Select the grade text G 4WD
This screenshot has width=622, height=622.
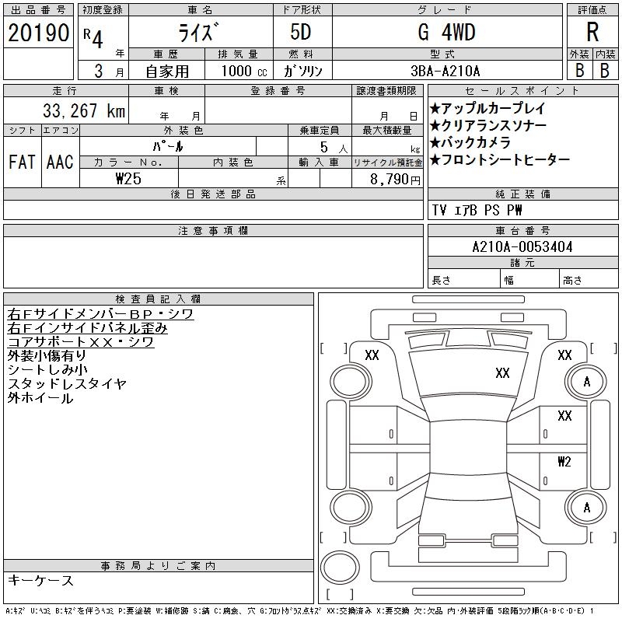click(446, 33)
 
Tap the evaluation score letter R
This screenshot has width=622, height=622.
click(592, 33)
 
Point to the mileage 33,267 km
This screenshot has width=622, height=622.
click(76, 111)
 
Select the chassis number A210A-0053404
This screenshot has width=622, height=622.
click(522, 247)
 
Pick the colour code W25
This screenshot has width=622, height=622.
click(128, 178)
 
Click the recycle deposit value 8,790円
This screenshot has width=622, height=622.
click(397, 178)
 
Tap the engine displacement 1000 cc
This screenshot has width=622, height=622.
click(243, 70)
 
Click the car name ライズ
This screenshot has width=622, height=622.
click(200, 33)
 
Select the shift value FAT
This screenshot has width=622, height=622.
click(22, 162)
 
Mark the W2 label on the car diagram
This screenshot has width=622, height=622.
click(564, 461)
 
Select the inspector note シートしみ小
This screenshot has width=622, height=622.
click(48, 370)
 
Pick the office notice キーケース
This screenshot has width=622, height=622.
click(40, 581)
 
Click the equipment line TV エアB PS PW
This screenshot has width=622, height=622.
click(477, 211)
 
